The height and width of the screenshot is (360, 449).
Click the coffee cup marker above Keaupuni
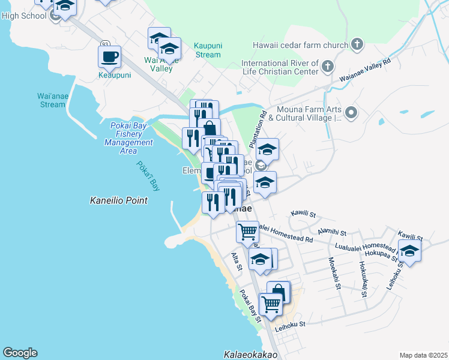pyautogui.click(x=109, y=58)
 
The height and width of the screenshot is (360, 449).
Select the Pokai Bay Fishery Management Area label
pyautogui.click(x=128, y=138)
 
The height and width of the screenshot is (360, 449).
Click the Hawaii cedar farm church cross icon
pyautogui.click(x=357, y=45)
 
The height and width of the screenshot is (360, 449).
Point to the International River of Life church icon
pyautogui.click(x=327, y=66)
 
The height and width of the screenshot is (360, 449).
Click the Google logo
pyautogui.click(x=20, y=353)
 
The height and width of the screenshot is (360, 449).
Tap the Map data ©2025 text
pyautogui.click(x=423, y=355)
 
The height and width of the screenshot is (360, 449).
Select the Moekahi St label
pyautogui.click(x=334, y=273)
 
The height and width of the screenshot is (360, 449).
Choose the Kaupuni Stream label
pyautogui.click(x=208, y=50)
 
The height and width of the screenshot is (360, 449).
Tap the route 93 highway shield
pyautogui.click(x=105, y=44)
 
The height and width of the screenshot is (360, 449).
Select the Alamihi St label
pyautogui.click(x=333, y=232)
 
